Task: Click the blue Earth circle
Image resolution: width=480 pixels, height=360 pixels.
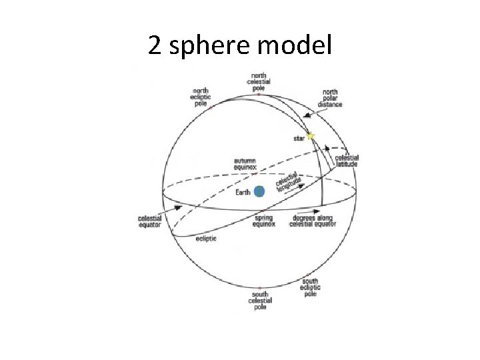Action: (259, 191)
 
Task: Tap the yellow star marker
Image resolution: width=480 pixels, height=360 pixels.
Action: (311, 135)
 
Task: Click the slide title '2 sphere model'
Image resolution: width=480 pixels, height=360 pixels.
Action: (239, 45)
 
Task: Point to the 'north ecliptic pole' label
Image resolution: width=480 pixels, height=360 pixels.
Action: (201, 96)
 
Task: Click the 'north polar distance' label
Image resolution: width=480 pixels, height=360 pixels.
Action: (330, 98)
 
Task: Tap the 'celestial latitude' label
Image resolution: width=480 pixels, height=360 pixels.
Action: (347, 161)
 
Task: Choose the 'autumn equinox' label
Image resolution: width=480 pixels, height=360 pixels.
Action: (245, 163)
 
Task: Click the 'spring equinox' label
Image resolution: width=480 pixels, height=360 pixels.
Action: (264, 221)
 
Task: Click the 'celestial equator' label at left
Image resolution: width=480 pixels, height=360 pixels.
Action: (149, 221)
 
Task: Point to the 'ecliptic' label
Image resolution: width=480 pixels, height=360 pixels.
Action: (206, 239)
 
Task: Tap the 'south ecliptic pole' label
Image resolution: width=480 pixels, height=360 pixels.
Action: (311, 287)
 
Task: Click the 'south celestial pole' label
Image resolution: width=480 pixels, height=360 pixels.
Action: (259, 300)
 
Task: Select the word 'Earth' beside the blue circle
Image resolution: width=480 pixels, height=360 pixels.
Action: (243, 193)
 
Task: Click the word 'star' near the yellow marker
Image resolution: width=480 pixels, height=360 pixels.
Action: (299, 139)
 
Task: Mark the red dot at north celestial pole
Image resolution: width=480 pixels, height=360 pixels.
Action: (259, 94)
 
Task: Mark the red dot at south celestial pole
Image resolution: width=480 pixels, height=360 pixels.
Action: (259, 288)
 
